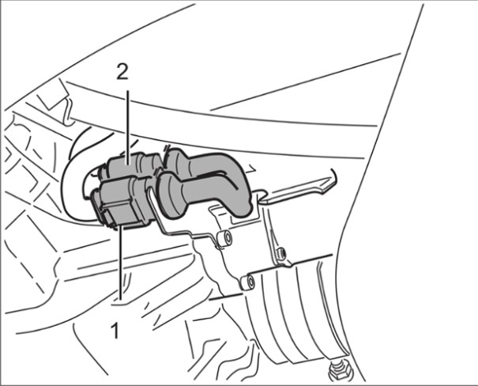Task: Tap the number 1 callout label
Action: coord(115,331)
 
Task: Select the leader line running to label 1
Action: coord(122,262)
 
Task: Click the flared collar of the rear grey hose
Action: coord(175,161)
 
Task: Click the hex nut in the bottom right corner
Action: coord(339,371)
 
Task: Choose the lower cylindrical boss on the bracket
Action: coord(247,282)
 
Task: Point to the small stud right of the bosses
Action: coord(281,253)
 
